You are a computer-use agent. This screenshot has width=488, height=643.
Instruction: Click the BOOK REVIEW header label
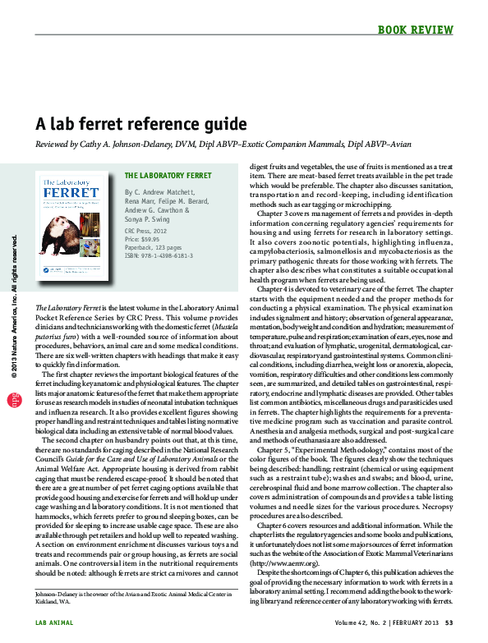pos(416,30)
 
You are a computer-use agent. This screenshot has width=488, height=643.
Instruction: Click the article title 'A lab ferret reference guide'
pos(140,125)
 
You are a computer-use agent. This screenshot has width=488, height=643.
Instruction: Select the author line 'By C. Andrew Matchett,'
pos(163,191)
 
